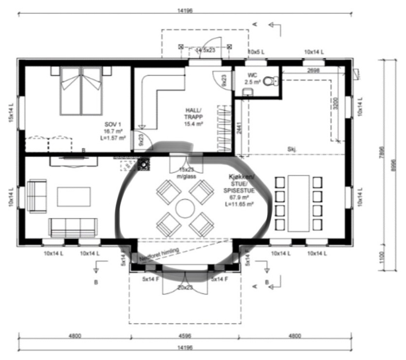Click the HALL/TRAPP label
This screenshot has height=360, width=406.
click(193, 117)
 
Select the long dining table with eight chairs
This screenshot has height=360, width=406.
click(298, 203)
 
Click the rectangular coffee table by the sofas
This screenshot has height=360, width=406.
click(74, 197)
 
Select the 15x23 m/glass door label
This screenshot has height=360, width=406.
click(186, 173)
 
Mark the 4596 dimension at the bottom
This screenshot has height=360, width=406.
click(185, 336)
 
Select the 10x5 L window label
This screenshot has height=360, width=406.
click(257, 52)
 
